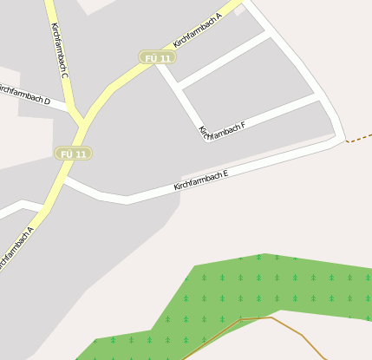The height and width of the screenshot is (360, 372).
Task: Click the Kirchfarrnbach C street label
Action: [x=59, y=51]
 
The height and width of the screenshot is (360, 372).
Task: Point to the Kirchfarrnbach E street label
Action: [x=200, y=180]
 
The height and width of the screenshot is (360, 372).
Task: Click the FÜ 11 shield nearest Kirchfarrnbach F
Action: [x=158, y=57]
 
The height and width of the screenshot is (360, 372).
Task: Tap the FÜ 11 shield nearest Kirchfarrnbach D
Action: [x=73, y=154]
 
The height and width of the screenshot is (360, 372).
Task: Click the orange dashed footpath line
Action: [x=359, y=139]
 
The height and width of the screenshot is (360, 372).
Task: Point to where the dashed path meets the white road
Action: [x=346, y=141]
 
